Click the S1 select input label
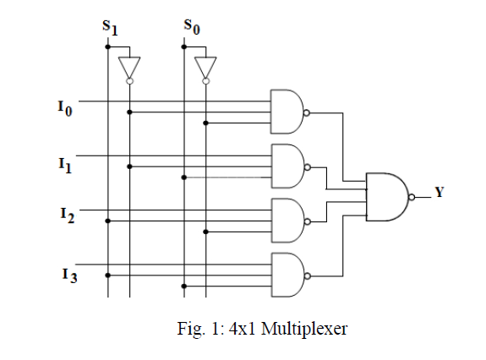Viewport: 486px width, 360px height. pos(110,28)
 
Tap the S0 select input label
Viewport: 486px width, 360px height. pos(192,26)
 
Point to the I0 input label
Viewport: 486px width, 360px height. pos(65,108)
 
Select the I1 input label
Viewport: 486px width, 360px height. pos(65,165)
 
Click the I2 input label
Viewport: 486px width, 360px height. pos(68,215)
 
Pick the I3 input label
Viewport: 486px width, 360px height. pos(69,275)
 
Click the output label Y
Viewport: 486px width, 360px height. pos(440,192)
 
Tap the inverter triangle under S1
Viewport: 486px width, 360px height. pos(129,68)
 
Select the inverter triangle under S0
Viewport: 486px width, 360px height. pos(205,68)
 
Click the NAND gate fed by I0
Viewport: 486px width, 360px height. pos(287,112)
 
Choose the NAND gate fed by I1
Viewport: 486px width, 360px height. pos(287,166)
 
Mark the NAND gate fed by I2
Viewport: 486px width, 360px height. pos(287,221)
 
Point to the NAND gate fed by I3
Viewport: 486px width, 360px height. pos(287,275)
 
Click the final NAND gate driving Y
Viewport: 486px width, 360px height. pos(387,197)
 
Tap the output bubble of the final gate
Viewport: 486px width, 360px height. pos(412,197)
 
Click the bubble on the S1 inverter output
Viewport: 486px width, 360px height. pos(129,81)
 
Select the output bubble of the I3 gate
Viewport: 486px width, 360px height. pos(307,276)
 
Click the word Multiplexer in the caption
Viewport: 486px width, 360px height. pos(304,329)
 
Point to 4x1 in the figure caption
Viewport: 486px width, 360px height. pos(242,329)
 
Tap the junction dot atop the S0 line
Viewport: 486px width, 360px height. pos(184,46)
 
